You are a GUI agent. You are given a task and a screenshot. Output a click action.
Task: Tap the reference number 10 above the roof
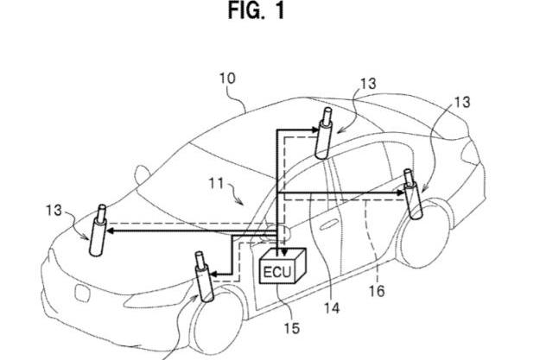pos(226,78)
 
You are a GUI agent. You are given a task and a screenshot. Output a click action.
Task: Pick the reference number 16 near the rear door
pos(377,291)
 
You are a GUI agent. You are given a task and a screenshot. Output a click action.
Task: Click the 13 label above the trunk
pos(462,102)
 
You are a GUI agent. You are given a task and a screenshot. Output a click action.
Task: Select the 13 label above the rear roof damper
pos(368,83)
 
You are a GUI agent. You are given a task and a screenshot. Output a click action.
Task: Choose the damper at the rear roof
pos(327,134)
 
